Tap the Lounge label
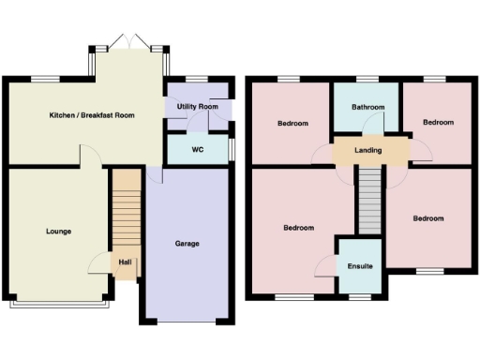58,231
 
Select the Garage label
187,243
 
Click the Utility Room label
198,108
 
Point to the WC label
198,149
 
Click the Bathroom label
367,108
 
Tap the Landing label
367,150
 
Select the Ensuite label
360,266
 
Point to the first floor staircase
370,199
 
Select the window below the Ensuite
360,297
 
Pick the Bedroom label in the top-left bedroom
293,123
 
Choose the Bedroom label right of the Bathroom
438,123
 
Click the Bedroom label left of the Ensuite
299,228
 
